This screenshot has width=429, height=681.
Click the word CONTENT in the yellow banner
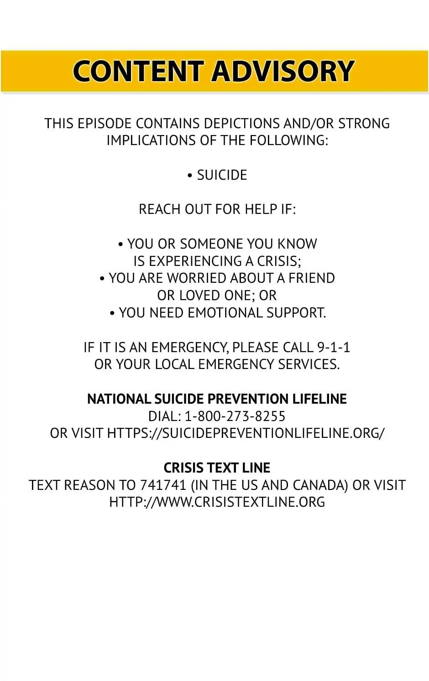(x=137, y=72)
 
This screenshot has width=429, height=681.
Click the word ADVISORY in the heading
(x=283, y=72)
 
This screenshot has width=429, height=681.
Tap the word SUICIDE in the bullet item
(x=222, y=175)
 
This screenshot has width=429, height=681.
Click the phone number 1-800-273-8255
(x=235, y=416)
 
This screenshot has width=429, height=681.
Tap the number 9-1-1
(x=334, y=348)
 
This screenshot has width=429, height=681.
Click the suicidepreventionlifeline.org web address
(x=246, y=433)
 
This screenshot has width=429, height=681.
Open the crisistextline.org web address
(x=217, y=502)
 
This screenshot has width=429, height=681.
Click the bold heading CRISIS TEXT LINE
(x=217, y=468)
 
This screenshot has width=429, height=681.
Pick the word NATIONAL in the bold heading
(x=119, y=399)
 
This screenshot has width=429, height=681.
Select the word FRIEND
(x=312, y=278)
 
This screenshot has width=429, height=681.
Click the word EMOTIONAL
(x=225, y=313)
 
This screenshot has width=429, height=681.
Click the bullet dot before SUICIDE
(x=190, y=176)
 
